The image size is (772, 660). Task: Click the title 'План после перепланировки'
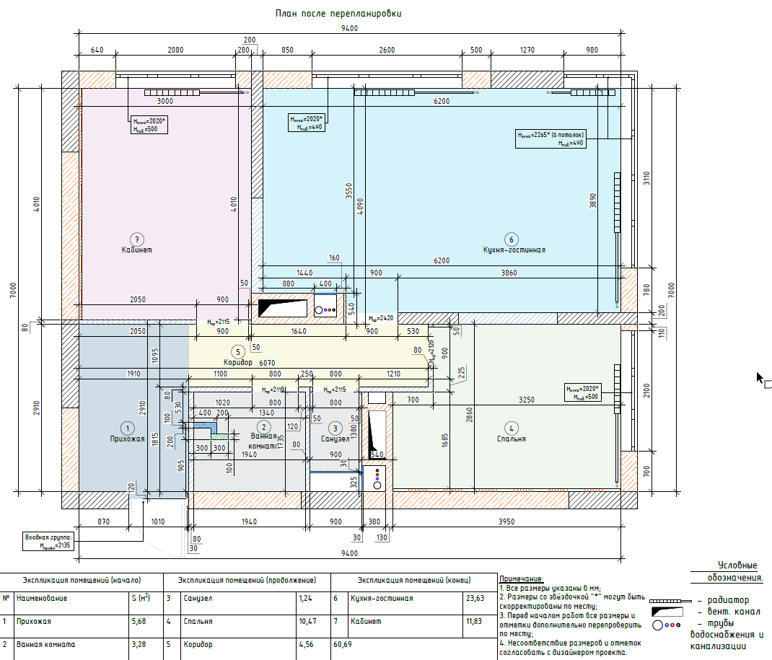pyautogui.click(x=338, y=14)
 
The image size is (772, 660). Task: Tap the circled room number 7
pyautogui.click(x=136, y=239)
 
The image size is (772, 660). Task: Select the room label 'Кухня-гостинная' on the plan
pyautogui.click(x=514, y=250)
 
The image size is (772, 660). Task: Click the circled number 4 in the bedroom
pyautogui.click(x=511, y=426)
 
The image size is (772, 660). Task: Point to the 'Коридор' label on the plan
pyautogui.click(x=238, y=362)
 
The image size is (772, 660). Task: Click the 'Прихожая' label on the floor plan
pyautogui.click(x=128, y=439)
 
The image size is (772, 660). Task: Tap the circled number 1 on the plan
pyautogui.click(x=126, y=426)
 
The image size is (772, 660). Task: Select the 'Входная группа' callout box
pyautogui.click(x=48, y=542)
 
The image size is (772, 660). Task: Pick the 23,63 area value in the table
pyautogui.click(x=474, y=598)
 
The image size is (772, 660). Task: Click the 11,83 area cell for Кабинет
pyautogui.click(x=474, y=621)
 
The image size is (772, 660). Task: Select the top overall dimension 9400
pyautogui.click(x=350, y=29)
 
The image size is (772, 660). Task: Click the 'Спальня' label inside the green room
pyautogui.click(x=511, y=439)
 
